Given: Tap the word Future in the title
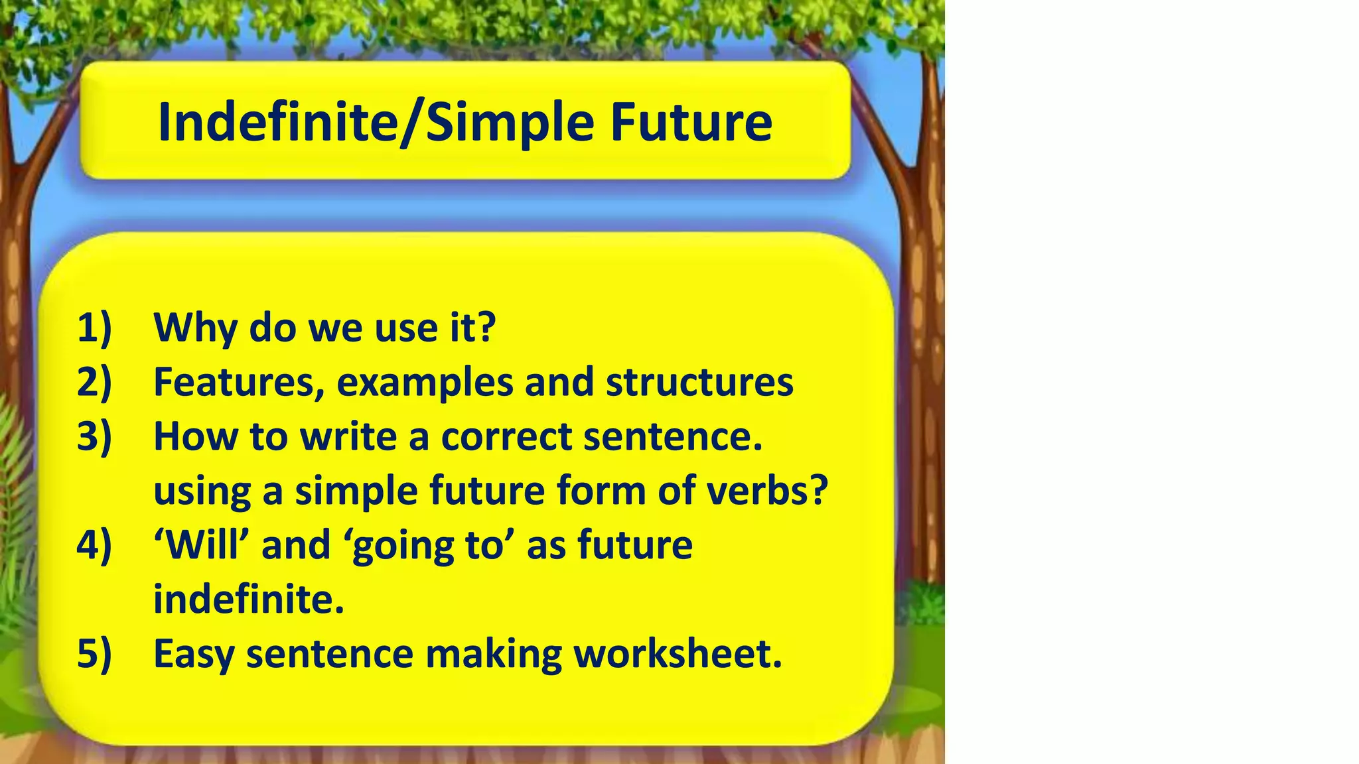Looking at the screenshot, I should tap(691, 123).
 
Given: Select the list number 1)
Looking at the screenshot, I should tap(94, 328).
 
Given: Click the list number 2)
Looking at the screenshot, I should tap(94, 382).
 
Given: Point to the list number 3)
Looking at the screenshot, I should tap(94, 436).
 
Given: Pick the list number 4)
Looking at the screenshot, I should tap(94, 545).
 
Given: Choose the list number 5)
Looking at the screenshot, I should tap(94, 654).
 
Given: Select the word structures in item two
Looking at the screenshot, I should tap(699, 383).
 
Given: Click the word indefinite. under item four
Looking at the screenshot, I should tap(249, 600).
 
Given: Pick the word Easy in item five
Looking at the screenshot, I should tap(194, 655).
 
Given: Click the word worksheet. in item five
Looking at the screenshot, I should tap(678, 654).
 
